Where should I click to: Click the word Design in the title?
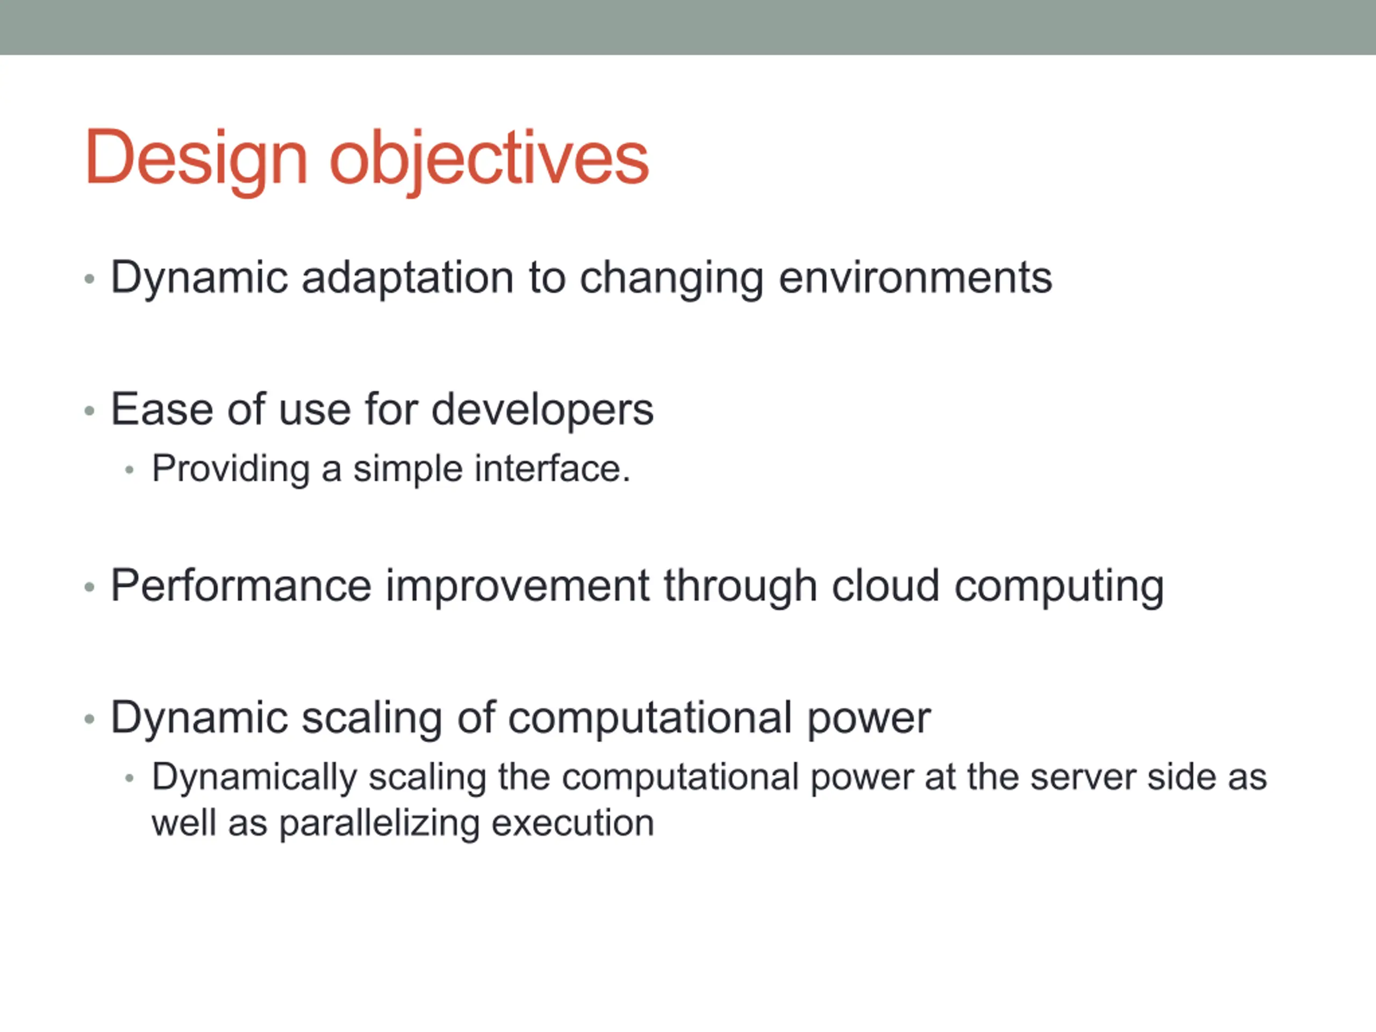(197, 159)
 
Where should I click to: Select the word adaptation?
(407, 278)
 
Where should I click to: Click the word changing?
(672, 278)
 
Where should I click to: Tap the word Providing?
(231, 469)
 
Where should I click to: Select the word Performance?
(241, 586)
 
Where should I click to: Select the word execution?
(573, 823)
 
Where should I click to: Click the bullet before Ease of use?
(90, 411)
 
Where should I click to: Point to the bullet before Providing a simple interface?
(130, 470)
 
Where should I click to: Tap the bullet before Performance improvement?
(90, 587)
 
